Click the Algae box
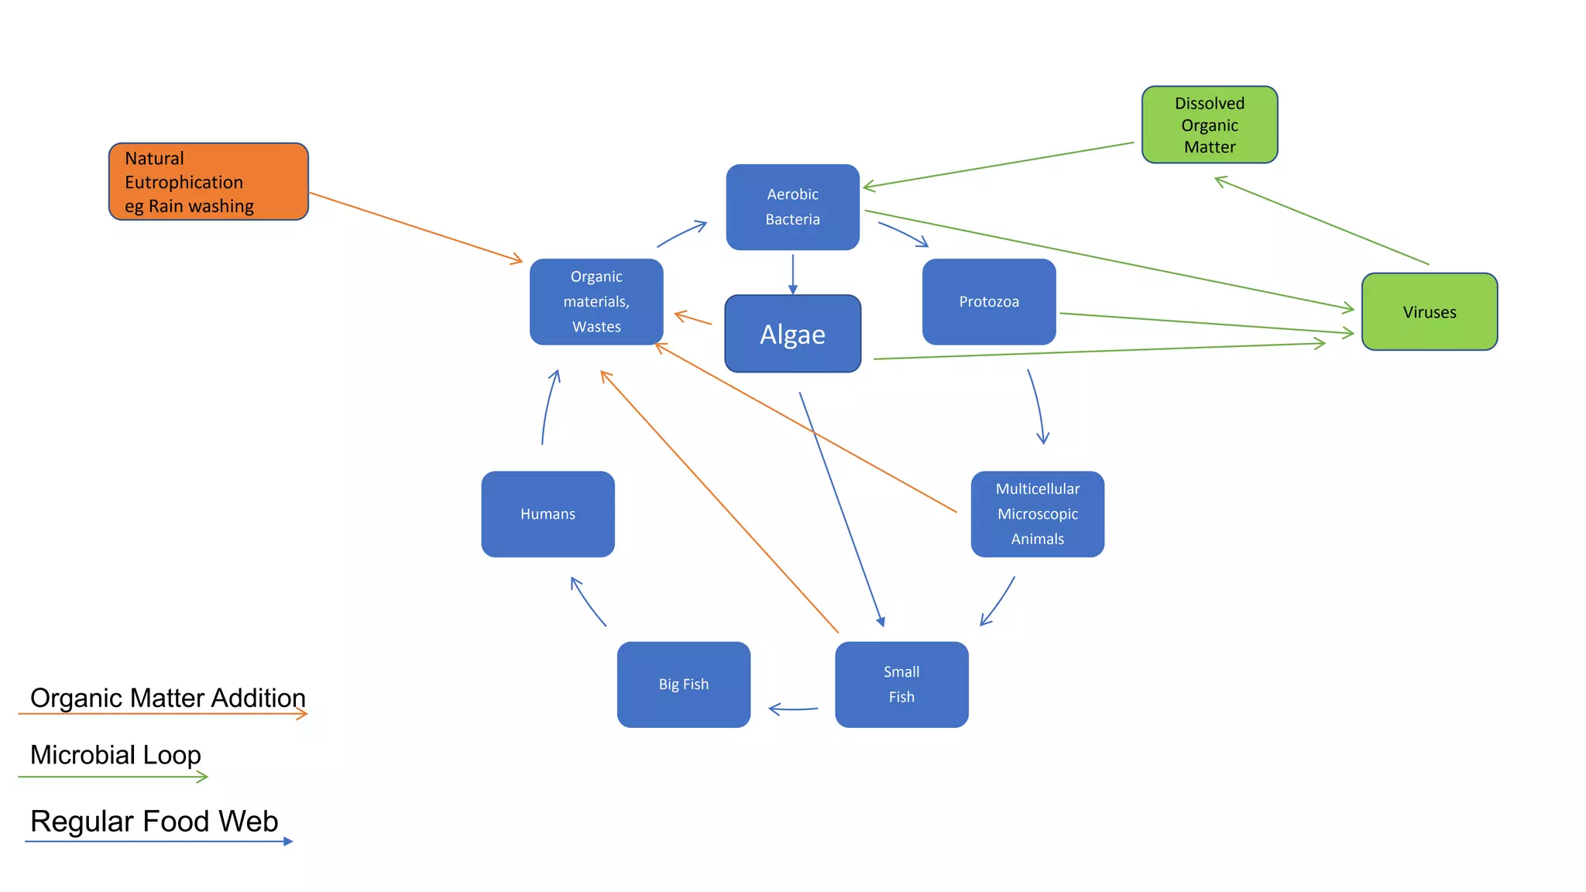792,334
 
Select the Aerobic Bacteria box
792,207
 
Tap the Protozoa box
989,301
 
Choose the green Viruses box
1429,311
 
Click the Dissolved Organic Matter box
1209,125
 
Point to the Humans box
548,513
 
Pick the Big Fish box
683,684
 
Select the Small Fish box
901,684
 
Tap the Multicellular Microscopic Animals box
1037,513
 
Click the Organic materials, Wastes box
596,301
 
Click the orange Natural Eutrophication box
208,181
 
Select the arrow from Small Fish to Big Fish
793,708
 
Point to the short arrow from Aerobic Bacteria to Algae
792,273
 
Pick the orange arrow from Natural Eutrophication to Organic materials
416,228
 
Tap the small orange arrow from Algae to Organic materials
693,317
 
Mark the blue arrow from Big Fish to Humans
587,601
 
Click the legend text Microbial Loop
115,754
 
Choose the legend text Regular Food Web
154,821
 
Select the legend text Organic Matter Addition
167,697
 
